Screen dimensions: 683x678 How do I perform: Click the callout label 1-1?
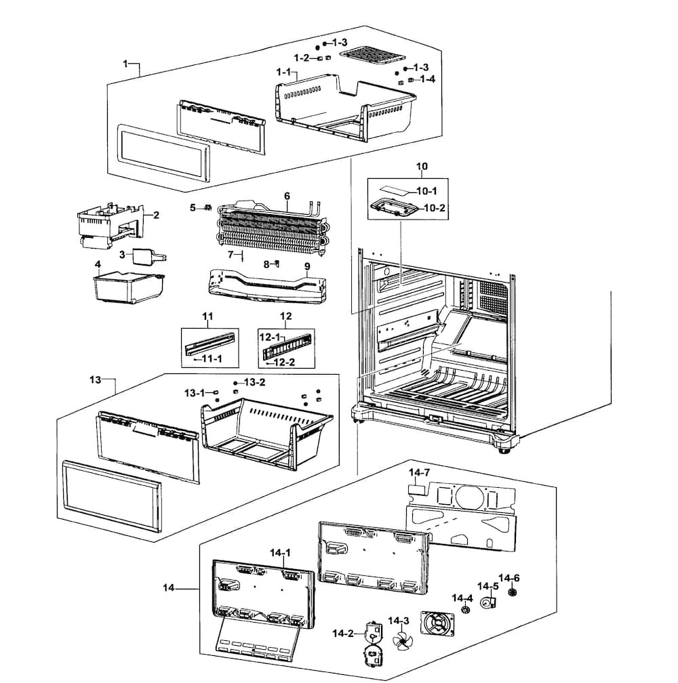click(x=283, y=72)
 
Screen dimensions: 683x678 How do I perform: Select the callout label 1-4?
click(x=427, y=79)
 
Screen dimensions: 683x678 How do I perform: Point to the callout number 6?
click(x=287, y=196)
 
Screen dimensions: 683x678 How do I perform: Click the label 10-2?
click(x=435, y=207)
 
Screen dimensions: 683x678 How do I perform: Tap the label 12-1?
click(x=270, y=337)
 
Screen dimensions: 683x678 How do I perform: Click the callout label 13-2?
click(x=254, y=382)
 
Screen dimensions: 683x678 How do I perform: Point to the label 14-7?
click(x=419, y=472)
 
